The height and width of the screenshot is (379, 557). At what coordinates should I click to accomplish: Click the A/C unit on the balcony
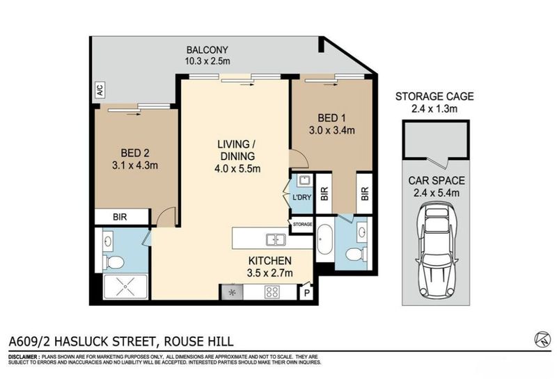100,90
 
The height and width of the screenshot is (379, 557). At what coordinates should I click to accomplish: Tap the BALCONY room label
207,50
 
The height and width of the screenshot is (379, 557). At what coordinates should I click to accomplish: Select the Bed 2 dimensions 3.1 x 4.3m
135,166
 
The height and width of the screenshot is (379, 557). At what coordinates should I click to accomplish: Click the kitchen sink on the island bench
276,240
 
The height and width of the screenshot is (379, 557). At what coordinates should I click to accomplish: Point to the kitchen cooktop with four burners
272,291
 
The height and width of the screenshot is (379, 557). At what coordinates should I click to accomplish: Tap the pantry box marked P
306,292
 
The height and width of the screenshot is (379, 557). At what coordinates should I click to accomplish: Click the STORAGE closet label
302,225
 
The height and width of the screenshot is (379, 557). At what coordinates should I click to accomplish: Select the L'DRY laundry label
301,197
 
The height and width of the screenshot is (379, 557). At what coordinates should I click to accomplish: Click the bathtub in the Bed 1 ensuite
324,239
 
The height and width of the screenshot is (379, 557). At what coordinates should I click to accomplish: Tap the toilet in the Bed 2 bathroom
113,262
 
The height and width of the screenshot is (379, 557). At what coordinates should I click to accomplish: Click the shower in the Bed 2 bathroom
125,287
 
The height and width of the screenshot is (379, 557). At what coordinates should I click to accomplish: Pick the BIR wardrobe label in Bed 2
120,217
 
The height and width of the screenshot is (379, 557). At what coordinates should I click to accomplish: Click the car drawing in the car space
436,250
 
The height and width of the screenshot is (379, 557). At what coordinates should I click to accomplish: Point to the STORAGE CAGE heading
434,97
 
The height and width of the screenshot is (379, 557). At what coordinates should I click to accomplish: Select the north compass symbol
542,339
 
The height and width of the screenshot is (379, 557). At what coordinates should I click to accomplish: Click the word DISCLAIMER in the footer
23,357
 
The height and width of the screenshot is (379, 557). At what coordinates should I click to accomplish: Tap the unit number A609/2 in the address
30,341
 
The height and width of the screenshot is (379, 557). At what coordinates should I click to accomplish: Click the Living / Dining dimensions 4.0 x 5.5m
237,168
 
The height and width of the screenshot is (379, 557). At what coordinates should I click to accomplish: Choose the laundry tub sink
304,181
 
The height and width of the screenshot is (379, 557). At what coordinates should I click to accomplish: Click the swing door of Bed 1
300,159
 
